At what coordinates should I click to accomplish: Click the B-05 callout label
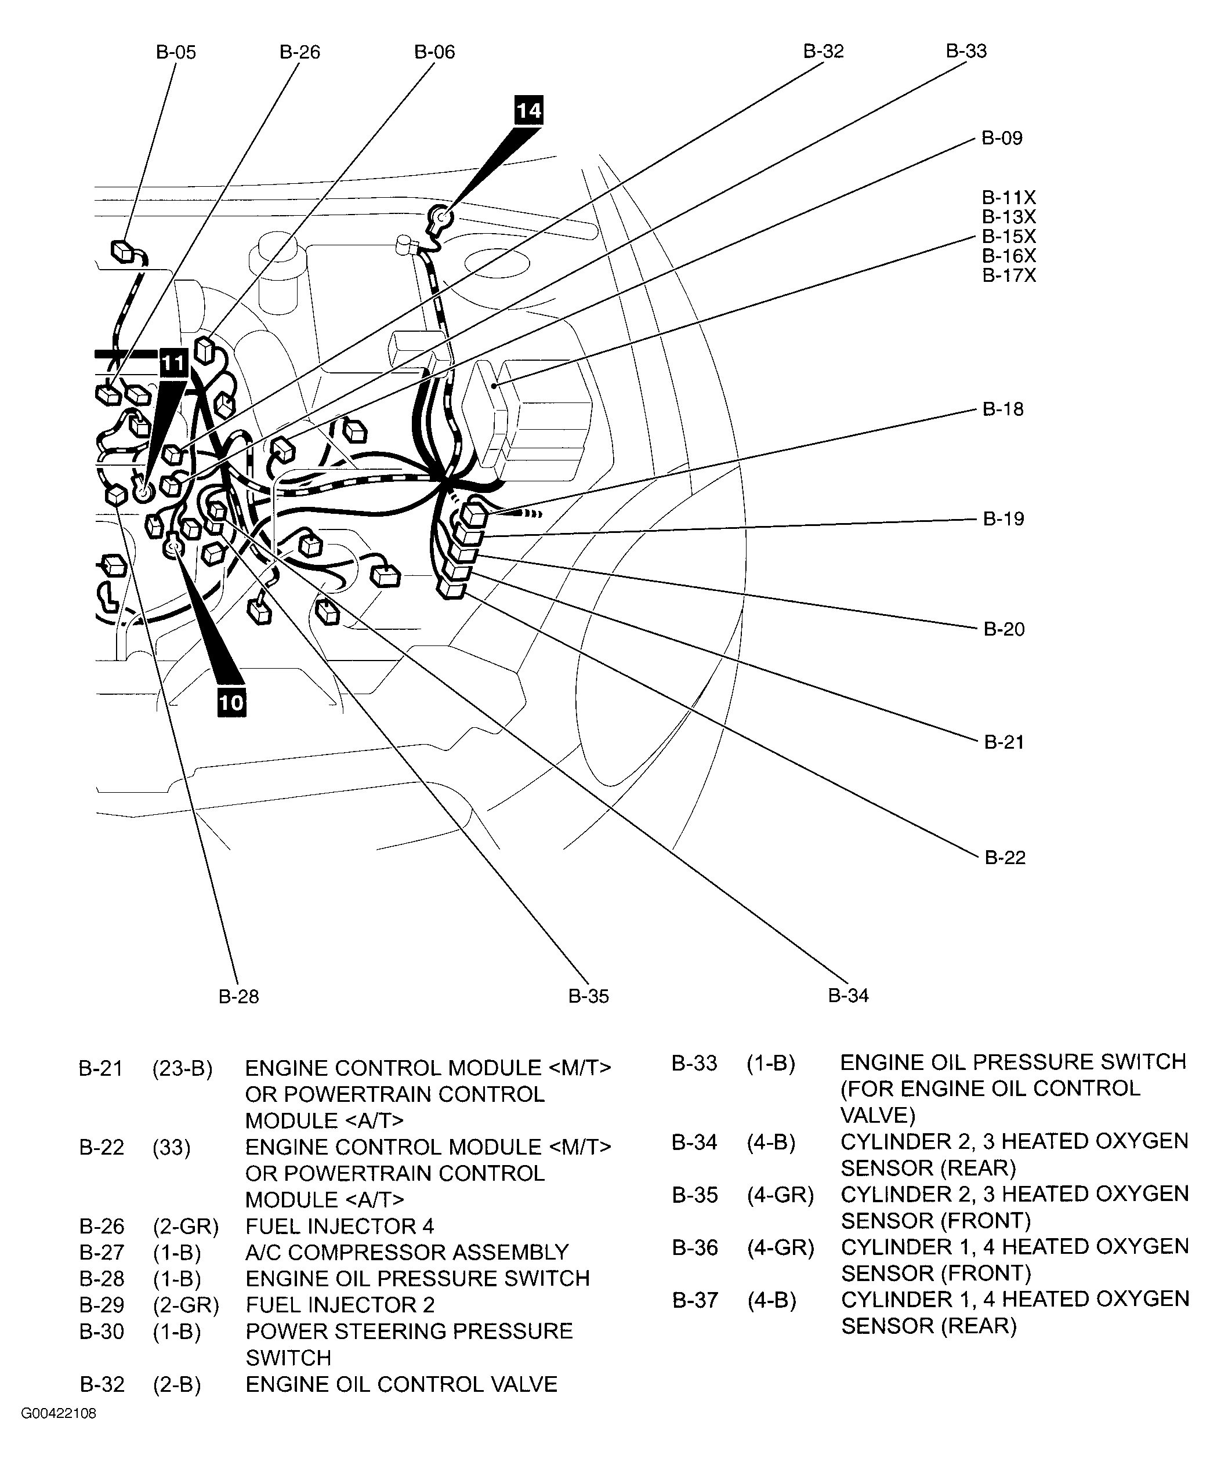[175, 52]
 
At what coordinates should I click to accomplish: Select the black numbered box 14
[528, 110]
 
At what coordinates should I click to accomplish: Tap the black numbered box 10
[231, 702]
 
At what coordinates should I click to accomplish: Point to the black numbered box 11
[173, 364]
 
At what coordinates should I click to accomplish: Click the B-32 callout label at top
[823, 52]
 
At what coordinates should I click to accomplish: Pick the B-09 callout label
[1001, 138]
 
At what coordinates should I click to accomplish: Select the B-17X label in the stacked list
[1008, 275]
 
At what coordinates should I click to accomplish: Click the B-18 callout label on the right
[1002, 409]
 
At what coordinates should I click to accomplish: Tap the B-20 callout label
[1003, 629]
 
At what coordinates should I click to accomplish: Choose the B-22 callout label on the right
[1005, 858]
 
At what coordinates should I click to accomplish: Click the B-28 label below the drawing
[239, 997]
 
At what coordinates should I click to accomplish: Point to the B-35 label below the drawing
[588, 996]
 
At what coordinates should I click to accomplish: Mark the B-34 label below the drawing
[848, 996]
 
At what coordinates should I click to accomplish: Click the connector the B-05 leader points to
[123, 251]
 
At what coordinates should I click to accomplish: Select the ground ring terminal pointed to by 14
[441, 217]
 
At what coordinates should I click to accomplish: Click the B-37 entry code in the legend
[694, 1300]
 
